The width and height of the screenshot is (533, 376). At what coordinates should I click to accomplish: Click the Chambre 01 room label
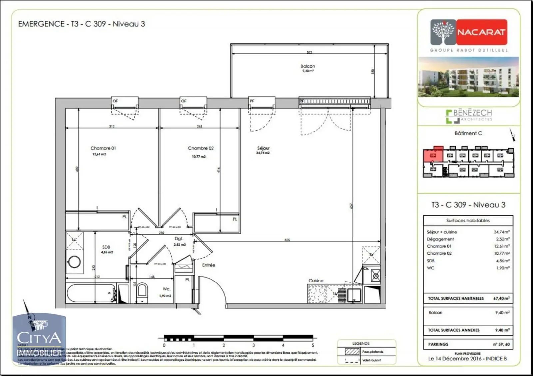pos(103,148)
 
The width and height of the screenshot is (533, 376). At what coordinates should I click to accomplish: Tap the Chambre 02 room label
pos(201,148)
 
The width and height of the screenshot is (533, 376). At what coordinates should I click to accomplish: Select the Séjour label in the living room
pos(263,148)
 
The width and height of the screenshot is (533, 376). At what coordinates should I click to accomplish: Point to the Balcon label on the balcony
pos(308,66)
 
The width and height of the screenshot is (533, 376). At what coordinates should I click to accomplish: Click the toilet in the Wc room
pos(142,290)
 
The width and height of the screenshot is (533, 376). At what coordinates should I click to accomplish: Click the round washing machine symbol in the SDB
pos(74,262)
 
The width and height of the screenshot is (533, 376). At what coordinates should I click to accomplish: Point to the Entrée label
pos(209,265)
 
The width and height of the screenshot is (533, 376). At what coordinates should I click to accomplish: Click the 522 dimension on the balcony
pos(309,52)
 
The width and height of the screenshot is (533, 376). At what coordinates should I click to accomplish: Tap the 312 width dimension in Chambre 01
pos(112,126)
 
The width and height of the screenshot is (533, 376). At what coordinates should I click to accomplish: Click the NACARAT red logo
pos(481,32)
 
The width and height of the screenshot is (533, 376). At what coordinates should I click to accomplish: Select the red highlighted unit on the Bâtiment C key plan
pos(433,155)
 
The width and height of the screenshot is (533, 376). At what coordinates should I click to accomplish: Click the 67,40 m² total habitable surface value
pos(501,298)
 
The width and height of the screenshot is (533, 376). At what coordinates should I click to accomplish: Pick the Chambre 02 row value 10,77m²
pos(502,253)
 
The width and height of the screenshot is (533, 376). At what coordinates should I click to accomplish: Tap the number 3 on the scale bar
pos(254,345)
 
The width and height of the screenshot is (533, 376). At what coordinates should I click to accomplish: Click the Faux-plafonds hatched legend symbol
pos(352,352)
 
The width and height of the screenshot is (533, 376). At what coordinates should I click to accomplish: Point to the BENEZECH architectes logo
pos(469,115)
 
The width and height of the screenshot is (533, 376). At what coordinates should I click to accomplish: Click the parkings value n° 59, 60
pos(501,344)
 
